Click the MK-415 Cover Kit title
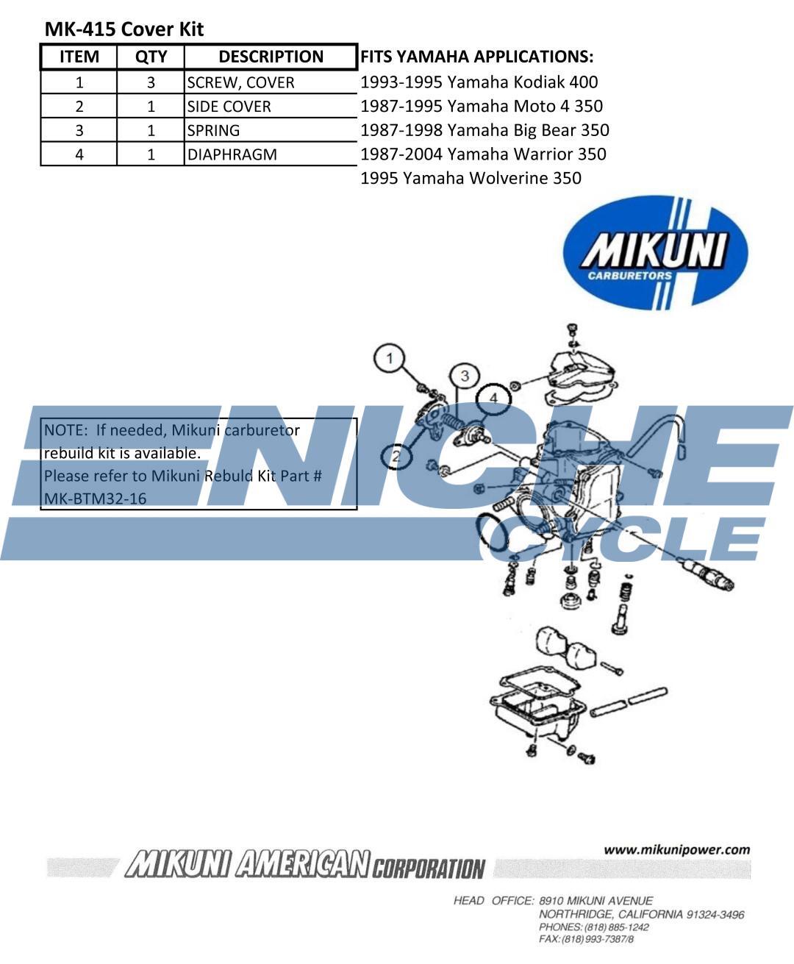(124, 29)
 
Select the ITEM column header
(79, 57)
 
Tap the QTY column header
(151, 57)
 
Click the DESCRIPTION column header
(271, 57)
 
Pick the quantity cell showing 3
(151, 82)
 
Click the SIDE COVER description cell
(229, 107)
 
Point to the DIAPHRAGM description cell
(232, 154)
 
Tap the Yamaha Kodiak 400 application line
(479, 82)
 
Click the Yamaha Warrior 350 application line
(483, 154)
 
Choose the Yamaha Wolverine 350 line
(471, 178)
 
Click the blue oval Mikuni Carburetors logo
(655, 252)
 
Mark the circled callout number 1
(390, 359)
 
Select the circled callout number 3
(465, 376)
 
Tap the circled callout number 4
(494, 398)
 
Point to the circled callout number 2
(396, 457)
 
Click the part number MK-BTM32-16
(96, 499)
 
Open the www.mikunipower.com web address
(676, 850)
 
